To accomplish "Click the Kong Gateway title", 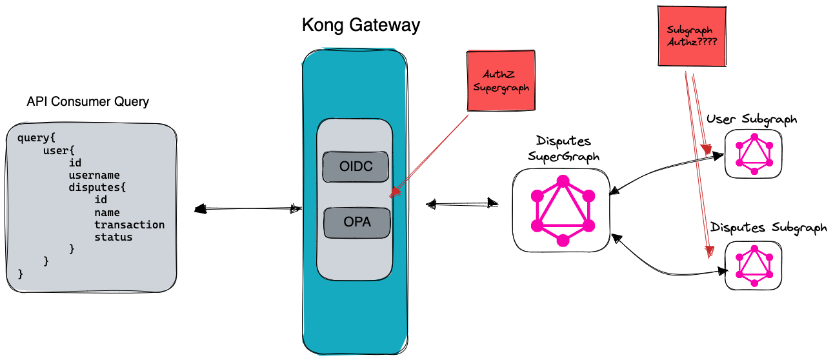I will pyautogui.click(x=361, y=26).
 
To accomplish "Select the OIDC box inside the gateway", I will pyautogui.click(x=356, y=166).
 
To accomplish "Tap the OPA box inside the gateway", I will pyautogui.click(x=357, y=222).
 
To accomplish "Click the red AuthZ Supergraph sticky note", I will pyautogui.click(x=497, y=81).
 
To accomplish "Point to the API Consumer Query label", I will pyautogui.click(x=88, y=102).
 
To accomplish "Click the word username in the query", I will pyautogui.click(x=94, y=175).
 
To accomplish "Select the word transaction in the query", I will pyautogui.click(x=129, y=225).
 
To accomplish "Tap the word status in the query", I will pyautogui.click(x=114, y=237).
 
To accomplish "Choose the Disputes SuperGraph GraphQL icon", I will pyautogui.click(x=562, y=210).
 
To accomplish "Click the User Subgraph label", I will pyautogui.click(x=752, y=119).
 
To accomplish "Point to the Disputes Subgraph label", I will pyautogui.click(x=768, y=228).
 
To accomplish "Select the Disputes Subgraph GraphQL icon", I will pyautogui.click(x=754, y=265).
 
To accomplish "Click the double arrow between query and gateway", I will pyautogui.click(x=248, y=208).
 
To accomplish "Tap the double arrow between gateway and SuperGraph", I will pyautogui.click(x=463, y=204).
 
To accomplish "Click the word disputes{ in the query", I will pyautogui.click(x=97, y=187).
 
